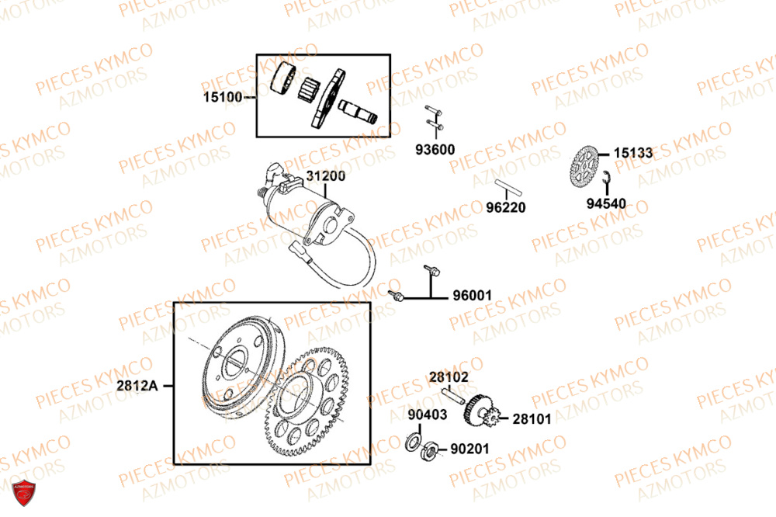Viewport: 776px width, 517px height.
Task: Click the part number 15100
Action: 223,97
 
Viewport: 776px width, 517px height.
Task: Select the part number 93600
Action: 435,150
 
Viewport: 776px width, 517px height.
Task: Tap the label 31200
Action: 326,175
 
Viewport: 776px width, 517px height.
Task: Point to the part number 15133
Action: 633,153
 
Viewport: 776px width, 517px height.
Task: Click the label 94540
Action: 606,203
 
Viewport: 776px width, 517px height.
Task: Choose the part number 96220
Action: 506,207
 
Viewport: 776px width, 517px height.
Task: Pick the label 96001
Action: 473,296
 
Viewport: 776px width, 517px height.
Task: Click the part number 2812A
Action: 137,386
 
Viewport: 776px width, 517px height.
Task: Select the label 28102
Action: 449,377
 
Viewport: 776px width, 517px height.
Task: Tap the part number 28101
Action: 532,419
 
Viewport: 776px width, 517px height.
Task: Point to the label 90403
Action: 428,415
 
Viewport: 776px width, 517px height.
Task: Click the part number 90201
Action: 469,449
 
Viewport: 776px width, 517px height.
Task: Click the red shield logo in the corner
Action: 23,493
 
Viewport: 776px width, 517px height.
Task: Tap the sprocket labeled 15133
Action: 584,167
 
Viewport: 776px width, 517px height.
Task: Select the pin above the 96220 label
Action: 508,187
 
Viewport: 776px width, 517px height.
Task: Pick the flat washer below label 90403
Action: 413,442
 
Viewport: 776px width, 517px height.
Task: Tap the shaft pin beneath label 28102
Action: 452,396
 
